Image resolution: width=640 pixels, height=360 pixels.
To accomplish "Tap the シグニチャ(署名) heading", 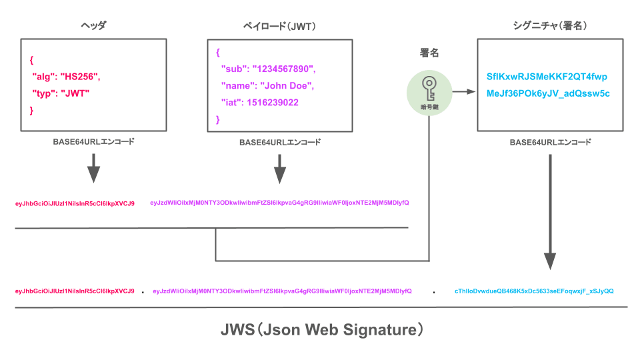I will coord(549,27).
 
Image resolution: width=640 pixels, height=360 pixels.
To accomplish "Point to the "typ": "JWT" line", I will coord(61,93).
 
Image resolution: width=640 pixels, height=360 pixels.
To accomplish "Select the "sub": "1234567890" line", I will coord(267,69).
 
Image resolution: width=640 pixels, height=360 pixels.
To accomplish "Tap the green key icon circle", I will coord(428,91).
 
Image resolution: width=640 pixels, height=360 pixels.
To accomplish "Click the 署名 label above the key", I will coord(429,53).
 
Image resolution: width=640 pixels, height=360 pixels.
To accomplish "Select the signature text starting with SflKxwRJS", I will coord(547,77).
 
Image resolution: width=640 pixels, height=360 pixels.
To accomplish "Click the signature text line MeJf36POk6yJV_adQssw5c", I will coord(548,93).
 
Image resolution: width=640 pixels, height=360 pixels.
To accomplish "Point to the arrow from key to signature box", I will coord(461,91).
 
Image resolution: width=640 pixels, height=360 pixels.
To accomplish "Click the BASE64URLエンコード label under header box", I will coord(93,142).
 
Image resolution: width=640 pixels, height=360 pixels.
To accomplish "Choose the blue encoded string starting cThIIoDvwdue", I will coord(534,291).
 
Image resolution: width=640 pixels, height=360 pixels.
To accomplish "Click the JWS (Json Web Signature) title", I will coord(322,329).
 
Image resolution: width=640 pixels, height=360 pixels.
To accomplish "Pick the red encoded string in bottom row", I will coord(75,291).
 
